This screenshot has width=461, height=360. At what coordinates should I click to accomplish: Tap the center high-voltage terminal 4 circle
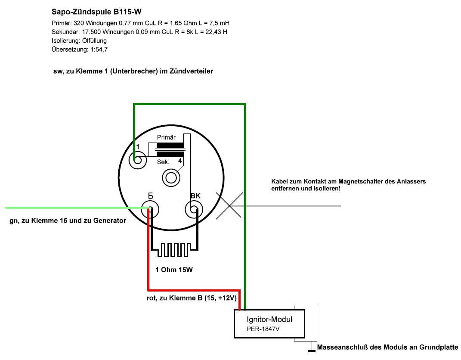(171, 177)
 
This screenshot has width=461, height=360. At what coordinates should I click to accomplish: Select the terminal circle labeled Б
(151, 210)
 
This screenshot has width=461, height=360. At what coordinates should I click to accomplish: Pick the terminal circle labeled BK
(194, 210)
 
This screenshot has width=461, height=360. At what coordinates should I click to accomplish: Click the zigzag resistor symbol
(174, 249)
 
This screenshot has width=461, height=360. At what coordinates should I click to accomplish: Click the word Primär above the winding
(167, 137)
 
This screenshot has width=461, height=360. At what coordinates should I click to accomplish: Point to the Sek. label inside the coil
(163, 161)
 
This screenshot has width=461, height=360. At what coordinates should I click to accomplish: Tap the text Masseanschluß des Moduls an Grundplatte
(387, 348)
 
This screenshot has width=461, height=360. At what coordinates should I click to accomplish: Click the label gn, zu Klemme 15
(68, 221)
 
